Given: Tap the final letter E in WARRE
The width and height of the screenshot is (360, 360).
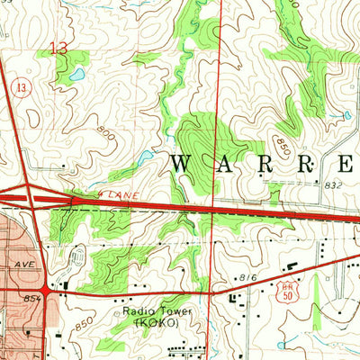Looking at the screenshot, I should click(346, 164).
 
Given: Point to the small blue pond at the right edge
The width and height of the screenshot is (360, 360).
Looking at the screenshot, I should click(346, 115).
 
